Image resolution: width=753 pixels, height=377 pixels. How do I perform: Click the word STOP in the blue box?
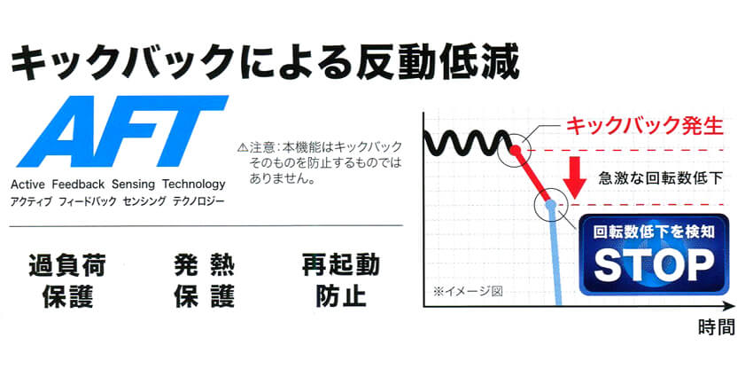pos(654,265)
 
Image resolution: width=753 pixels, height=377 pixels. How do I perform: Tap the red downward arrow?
pos(574,179)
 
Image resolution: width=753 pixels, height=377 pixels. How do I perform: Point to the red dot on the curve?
pos(516,150)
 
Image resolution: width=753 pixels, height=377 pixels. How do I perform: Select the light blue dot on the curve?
pos(551,206)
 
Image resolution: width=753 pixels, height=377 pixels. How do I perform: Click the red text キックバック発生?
pos(644,127)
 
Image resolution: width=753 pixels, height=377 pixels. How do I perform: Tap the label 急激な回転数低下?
pos(661,178)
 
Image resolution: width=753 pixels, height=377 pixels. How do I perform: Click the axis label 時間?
pos(716,328)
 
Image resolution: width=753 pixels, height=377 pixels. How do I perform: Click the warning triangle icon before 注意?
pos(243,147)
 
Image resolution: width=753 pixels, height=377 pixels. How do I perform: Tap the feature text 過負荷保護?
pos(67,280)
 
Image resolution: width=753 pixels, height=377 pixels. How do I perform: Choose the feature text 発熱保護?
pos(204,280)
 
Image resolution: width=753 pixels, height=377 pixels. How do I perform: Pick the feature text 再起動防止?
pos(341,280)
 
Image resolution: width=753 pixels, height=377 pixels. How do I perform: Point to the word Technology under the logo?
pos(194,185)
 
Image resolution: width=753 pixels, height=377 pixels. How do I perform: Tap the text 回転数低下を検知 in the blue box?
pos(654,232)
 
